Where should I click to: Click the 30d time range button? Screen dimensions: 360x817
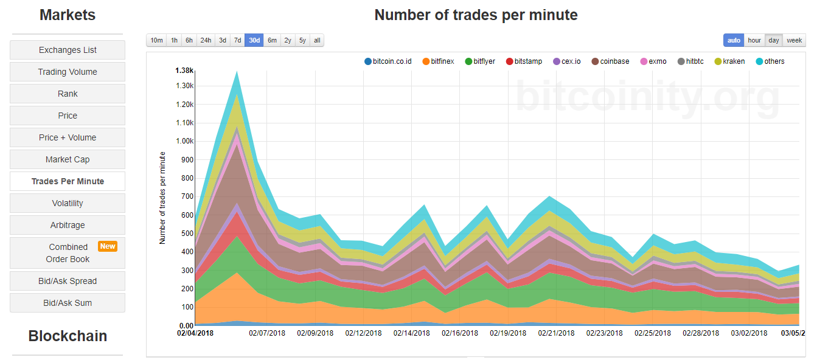point(254,40)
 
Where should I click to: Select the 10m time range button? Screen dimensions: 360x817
point(156,40)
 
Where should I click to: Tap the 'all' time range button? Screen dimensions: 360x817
point(317,40)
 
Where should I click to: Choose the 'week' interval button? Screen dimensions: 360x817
point(794,40)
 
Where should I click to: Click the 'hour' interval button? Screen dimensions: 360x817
point(754,40)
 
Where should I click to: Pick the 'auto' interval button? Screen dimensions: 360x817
point(734,40)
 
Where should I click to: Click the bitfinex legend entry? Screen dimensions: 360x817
point(438,61)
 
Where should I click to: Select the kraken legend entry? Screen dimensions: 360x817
point(729,61)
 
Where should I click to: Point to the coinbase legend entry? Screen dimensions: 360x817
point(610,61)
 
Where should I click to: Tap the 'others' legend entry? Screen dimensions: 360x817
point(770,61)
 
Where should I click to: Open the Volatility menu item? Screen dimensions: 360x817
point(68,203)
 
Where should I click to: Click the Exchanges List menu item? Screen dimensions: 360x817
point(68,50)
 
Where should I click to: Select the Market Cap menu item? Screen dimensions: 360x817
point(68,159)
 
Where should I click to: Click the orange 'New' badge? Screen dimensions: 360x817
point(108,246)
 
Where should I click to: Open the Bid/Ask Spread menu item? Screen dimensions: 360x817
point(68,281)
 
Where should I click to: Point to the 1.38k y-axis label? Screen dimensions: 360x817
point(184,71)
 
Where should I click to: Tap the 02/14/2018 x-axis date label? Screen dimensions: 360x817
point(411,333)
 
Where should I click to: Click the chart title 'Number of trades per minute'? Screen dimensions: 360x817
point(476,15)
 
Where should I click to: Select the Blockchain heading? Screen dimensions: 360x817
point(68,336)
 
